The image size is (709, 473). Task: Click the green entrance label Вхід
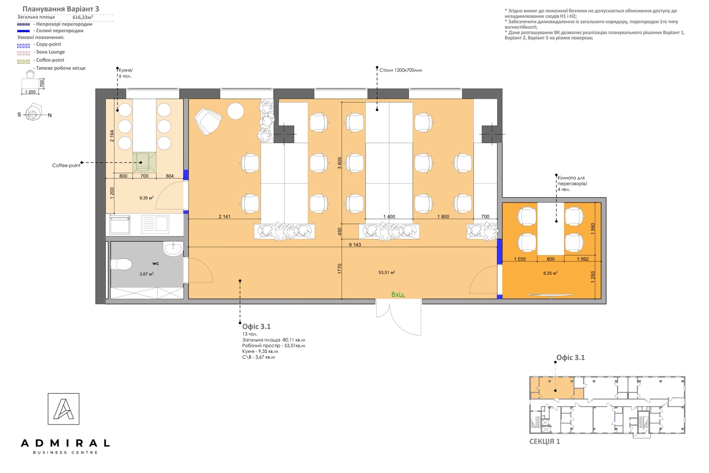coord(398,295)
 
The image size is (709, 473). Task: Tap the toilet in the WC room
coord(121,264)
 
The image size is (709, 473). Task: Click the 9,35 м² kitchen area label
coord(147,198)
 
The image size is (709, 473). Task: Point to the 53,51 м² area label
coord(387,272)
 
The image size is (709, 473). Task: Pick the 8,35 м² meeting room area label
coord(550,273)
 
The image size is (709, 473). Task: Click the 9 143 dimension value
coord(355,245)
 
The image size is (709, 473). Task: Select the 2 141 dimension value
coord(224,217)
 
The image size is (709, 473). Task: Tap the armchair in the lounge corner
coord(208,121)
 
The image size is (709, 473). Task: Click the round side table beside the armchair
coord(235,111)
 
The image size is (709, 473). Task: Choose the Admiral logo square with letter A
coord(64,409)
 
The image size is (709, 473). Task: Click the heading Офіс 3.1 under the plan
coord(257,326)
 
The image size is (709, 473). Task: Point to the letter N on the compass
coord(50,115)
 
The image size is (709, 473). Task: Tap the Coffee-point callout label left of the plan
coord(66,165)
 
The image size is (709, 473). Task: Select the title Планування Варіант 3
coord(61,9)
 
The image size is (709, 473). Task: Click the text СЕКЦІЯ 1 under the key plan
coord(545,442)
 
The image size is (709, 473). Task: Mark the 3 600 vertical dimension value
coord(339,163)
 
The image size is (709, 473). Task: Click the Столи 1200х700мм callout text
coord(401,70)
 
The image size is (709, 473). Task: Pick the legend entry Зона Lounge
coord(51,52)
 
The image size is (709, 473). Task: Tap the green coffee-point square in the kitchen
coord(144,162)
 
